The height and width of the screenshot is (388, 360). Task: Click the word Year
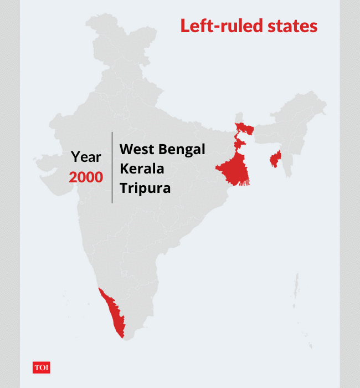86,157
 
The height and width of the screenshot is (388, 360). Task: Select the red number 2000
86,177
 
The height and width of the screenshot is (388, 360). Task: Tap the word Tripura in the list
145,188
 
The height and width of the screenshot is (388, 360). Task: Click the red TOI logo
42,367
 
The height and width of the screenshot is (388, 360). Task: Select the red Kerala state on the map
114,313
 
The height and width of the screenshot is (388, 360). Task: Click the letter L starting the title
184,26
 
